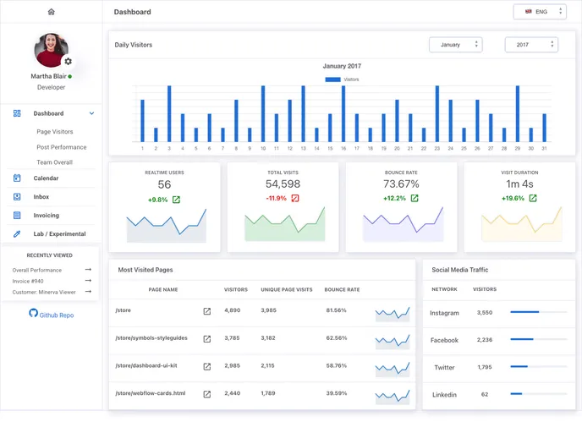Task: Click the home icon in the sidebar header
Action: pos(51,12)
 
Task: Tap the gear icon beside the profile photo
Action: pos(68,62)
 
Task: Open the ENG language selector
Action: pos(539,12)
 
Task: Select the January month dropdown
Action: pos(455,45)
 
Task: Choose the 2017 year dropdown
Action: pos(530,45)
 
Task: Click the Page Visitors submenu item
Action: pos(54,132)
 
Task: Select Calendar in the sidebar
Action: pos(46,178)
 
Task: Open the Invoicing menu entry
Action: pos(46,216)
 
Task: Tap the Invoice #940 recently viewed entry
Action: pos(28,281)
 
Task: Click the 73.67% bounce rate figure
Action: pos(401,184)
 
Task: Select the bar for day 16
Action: pos(343,114)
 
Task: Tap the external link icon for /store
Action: pos(206,311)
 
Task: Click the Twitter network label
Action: pos(444,368)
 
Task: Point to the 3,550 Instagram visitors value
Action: pos(484,313)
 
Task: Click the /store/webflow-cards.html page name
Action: pos(150,393)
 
